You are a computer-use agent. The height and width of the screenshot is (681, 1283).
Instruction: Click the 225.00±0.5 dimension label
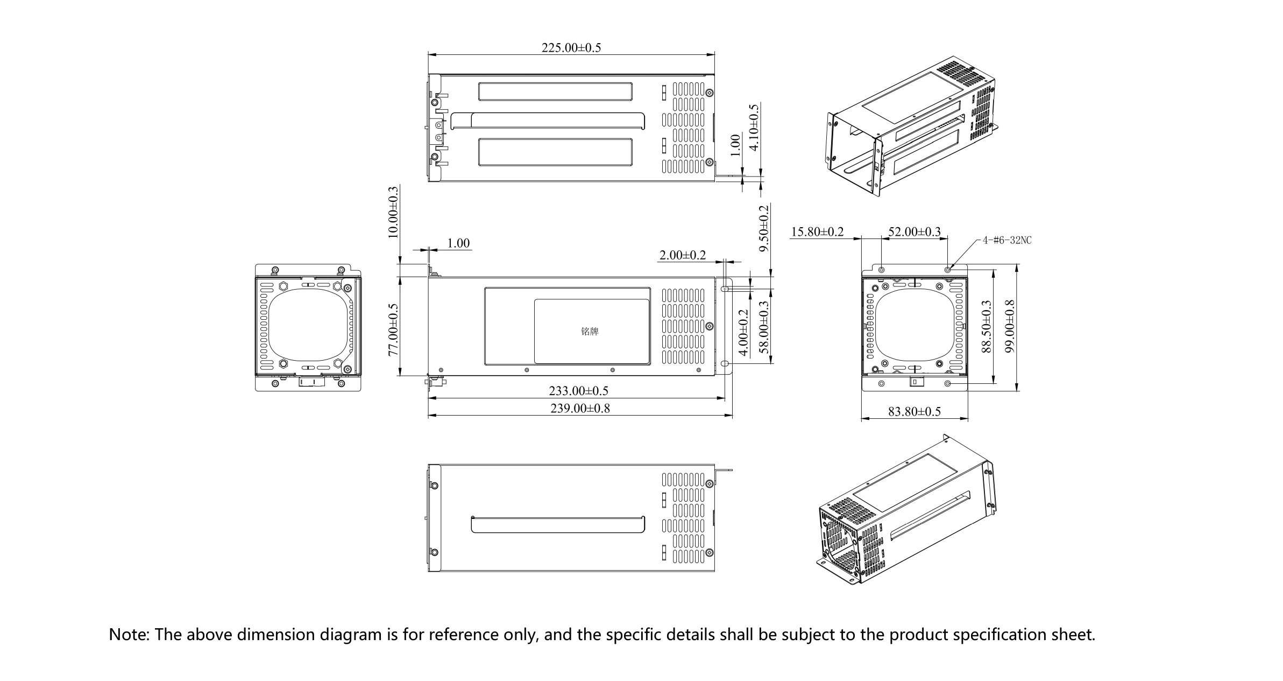(571, 48)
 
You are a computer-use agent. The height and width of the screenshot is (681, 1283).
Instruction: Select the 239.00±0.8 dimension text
(580, 408)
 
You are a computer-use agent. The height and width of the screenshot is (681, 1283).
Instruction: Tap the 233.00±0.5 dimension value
(578, 391)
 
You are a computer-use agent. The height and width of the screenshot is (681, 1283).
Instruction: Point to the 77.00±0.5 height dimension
(393, 329)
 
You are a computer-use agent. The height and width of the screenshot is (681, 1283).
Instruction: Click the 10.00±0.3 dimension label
(393, 212)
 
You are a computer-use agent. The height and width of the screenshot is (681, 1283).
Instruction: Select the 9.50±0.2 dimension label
(764, 228)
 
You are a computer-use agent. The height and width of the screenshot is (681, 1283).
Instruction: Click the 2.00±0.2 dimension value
(682, 255)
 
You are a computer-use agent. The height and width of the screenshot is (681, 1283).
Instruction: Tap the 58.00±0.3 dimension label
(764, 326)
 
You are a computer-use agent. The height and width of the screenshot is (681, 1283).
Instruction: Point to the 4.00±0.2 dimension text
(743, 332)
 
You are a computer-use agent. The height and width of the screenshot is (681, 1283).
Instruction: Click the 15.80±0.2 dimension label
(817, 232)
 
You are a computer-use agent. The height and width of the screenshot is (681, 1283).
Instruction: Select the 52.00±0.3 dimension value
(914, 232)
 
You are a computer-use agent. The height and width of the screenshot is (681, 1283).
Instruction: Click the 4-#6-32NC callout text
(1007, 241)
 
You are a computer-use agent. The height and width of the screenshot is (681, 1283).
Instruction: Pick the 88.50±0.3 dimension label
(986, 326)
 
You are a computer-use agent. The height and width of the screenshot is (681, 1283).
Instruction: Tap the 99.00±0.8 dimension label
(1009, 326)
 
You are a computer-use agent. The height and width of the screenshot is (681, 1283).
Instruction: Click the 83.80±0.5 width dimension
(914, 412)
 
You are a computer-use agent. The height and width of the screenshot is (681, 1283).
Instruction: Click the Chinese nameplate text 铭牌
(590, 332)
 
